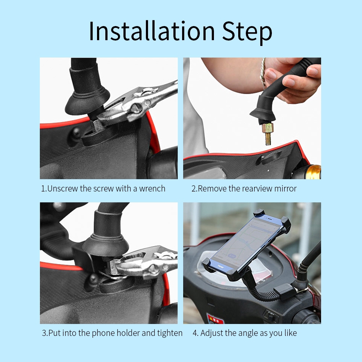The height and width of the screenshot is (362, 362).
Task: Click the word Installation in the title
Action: coord(152,31)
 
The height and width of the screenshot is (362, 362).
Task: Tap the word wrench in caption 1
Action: coord(152,189)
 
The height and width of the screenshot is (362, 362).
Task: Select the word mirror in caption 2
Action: coord(285,189)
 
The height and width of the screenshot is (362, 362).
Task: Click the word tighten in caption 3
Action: coord(170,333)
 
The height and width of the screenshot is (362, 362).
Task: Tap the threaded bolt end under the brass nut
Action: coord(268,139)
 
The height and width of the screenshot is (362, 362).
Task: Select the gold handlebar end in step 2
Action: coord(314,172)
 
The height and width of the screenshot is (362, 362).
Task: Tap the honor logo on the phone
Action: coord(221,266)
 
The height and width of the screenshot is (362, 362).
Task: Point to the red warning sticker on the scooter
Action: coord(215,319)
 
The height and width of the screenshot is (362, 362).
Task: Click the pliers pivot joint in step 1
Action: coord(136,108)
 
